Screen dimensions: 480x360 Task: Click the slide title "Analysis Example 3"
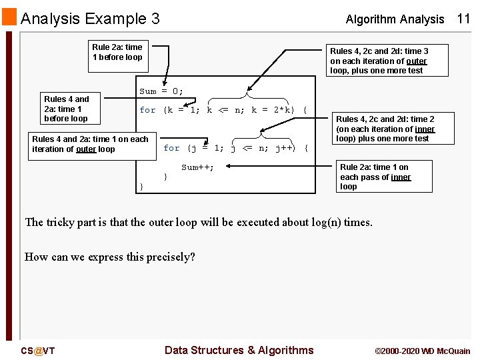(x=90, y=18)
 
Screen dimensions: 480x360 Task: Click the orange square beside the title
(x=9, y=17)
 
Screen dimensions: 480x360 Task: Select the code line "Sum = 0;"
(x=161, y=91)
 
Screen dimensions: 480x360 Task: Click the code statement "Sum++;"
(x=198, y=167)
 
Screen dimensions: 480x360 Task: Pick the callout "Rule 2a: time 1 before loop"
(x=117, y=52)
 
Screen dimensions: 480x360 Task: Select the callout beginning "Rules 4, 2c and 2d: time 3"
(x=379, y=61)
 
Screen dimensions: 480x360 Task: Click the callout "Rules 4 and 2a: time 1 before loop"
(x=66, y=109)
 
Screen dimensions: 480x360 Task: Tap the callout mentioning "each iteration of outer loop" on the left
(x=90, y=144)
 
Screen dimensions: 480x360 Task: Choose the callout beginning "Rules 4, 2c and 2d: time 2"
(x=385, y=129)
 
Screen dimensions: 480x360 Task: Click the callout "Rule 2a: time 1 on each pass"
(x=374, y=177)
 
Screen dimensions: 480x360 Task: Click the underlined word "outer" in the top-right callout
(x=415, y=61)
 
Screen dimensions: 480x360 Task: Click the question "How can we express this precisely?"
(x=110, y=257)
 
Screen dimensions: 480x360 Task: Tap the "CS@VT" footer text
(x=37, y=351)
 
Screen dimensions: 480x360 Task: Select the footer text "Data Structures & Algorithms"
(x=239, y=350)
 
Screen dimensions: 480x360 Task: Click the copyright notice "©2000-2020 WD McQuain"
(x=423, y=351)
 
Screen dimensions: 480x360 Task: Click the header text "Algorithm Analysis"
(x=395, y=19)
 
